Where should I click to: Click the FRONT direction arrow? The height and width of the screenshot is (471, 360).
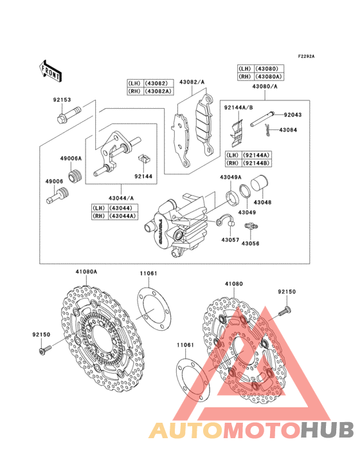tap(51, 70)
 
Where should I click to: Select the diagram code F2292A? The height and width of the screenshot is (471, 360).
tap(306, 57)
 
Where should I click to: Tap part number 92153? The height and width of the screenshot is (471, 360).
tap(62, 100)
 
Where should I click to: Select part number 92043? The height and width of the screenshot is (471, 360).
tap(292, 115)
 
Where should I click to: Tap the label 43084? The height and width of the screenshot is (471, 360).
tap(288, 130)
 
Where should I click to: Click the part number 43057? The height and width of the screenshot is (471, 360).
tap(230, 239)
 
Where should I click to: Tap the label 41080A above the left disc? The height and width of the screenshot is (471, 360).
tap(86, 272)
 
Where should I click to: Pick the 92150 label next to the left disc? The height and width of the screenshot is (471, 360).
tap(41, 334)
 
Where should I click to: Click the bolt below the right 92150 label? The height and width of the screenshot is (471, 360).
tap(281, 313)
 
